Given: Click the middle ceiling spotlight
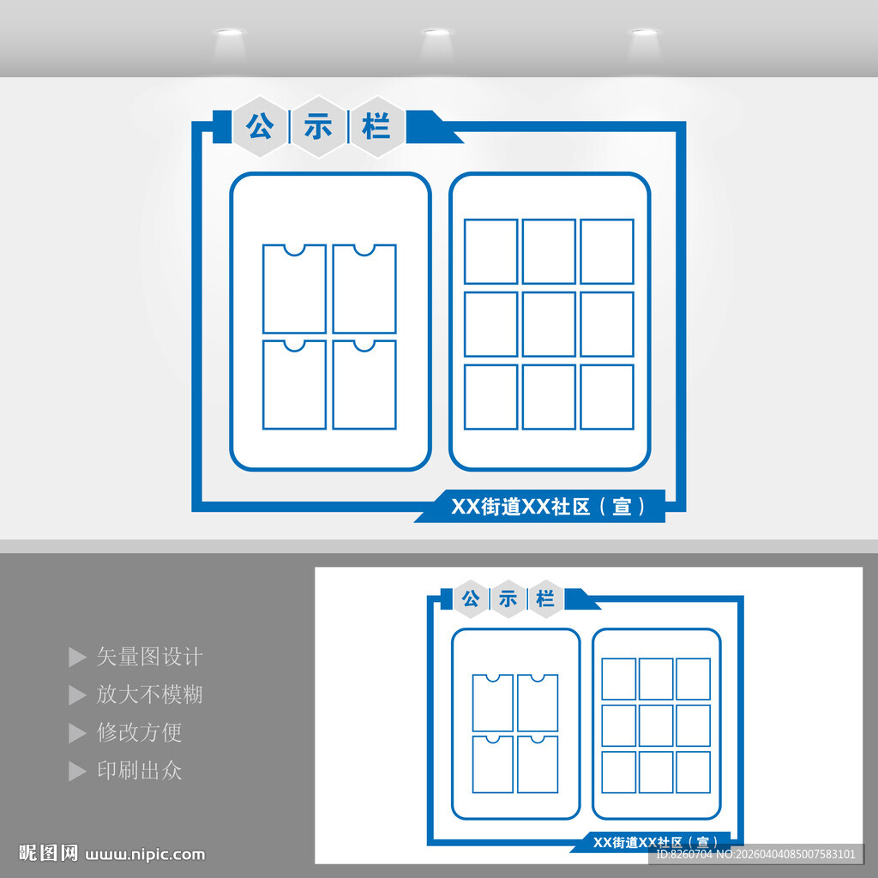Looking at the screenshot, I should [x=436, y=33].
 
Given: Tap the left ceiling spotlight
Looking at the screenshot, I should [x=228, y=33].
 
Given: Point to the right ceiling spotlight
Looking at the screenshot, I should [x=644, y=33].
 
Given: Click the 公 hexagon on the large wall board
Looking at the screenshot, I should [x=260, y=128].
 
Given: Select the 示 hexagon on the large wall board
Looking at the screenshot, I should [x=318, y=128].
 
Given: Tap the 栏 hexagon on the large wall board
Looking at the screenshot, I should [x=376, y=128].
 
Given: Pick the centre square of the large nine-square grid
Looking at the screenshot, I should [x=549, y=324].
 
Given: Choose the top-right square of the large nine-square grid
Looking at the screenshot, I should [x=606, y=251].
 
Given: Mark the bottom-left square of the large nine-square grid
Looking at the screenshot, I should [x=491, y=397].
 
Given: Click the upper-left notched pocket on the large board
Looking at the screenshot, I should [x=294, y=289].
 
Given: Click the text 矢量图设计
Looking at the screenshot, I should [x=149, y=657].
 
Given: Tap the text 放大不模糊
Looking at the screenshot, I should [x=149, y=695].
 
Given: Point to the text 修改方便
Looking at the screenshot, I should [x=139, y=732].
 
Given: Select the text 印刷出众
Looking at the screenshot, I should [x=139, y=770].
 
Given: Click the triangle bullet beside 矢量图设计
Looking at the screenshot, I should [x=77, y=658].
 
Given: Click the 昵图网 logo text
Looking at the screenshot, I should [x=49, y=853].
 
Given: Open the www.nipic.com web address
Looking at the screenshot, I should [x=147, y=854].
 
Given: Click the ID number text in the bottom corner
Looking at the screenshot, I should [x=755, y=854].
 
